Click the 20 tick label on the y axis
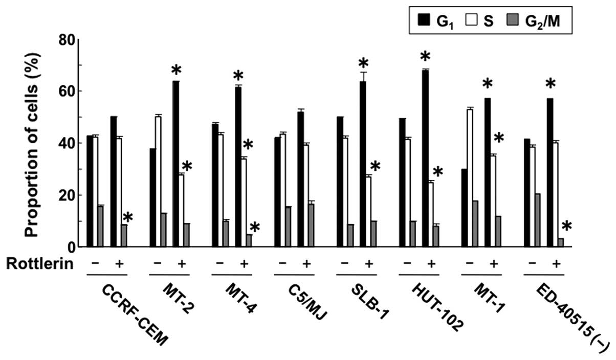(x=71, y=195)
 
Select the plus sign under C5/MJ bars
(x=306, y=264)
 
